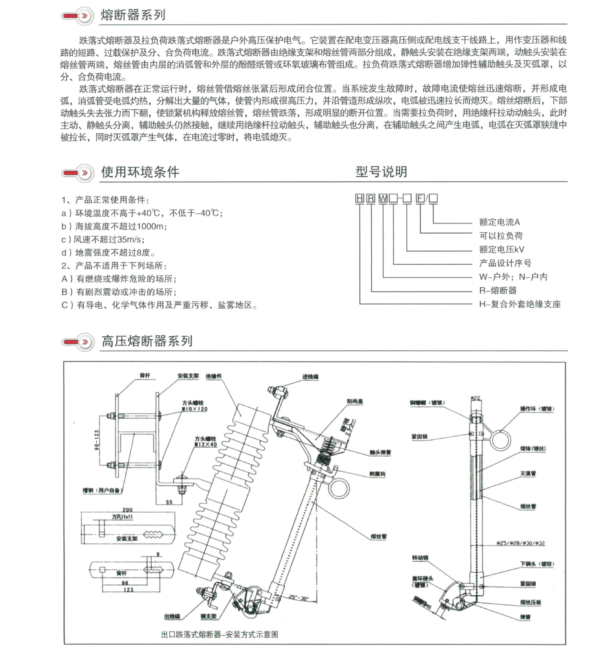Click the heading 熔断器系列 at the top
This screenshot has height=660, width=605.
pos(133,15)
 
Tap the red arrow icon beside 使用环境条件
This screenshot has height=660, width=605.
pos(77,173)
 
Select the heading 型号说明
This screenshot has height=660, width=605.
pos(381,172)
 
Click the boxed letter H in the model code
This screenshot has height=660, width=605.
pos(359,198)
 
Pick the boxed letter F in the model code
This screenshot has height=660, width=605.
pos(420,198)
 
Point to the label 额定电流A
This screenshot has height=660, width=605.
pos(499,222)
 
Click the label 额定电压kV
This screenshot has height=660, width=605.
pos(501,250)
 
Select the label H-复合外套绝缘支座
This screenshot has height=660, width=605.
pos(520,304)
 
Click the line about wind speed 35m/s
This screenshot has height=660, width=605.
pos(103,240)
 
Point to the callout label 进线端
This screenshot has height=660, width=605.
pos(310,377)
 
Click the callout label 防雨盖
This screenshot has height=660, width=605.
pos(355,401)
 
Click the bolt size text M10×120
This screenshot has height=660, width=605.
pos(195,409)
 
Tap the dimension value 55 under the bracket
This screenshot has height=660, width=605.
pos(169,502)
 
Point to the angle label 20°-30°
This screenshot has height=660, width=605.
pos(298,598)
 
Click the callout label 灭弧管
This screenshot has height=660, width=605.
pos(528,474)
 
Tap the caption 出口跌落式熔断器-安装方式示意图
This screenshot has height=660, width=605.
pos(219,635)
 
